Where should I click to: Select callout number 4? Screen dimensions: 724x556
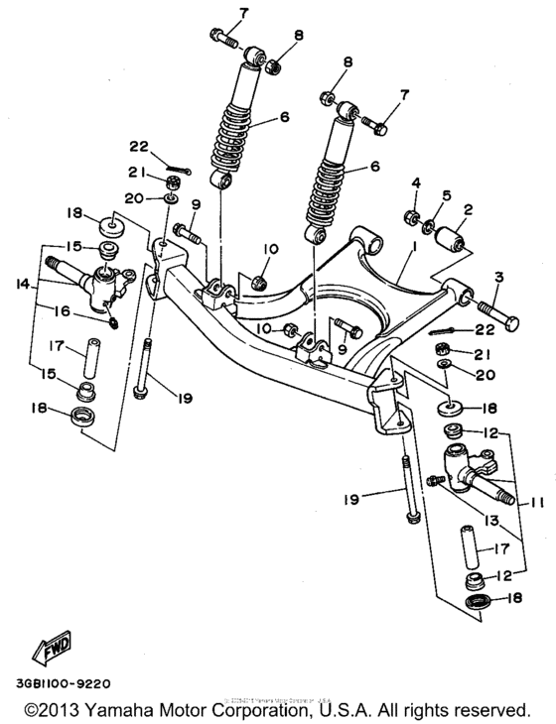(417, 182)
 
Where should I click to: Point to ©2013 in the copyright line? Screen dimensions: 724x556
(54, 711)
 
